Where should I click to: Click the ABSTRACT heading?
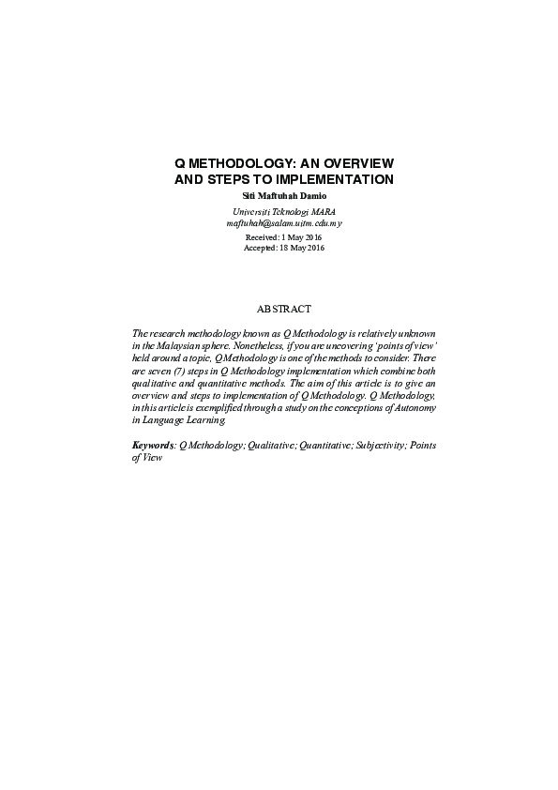coord(283,309)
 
